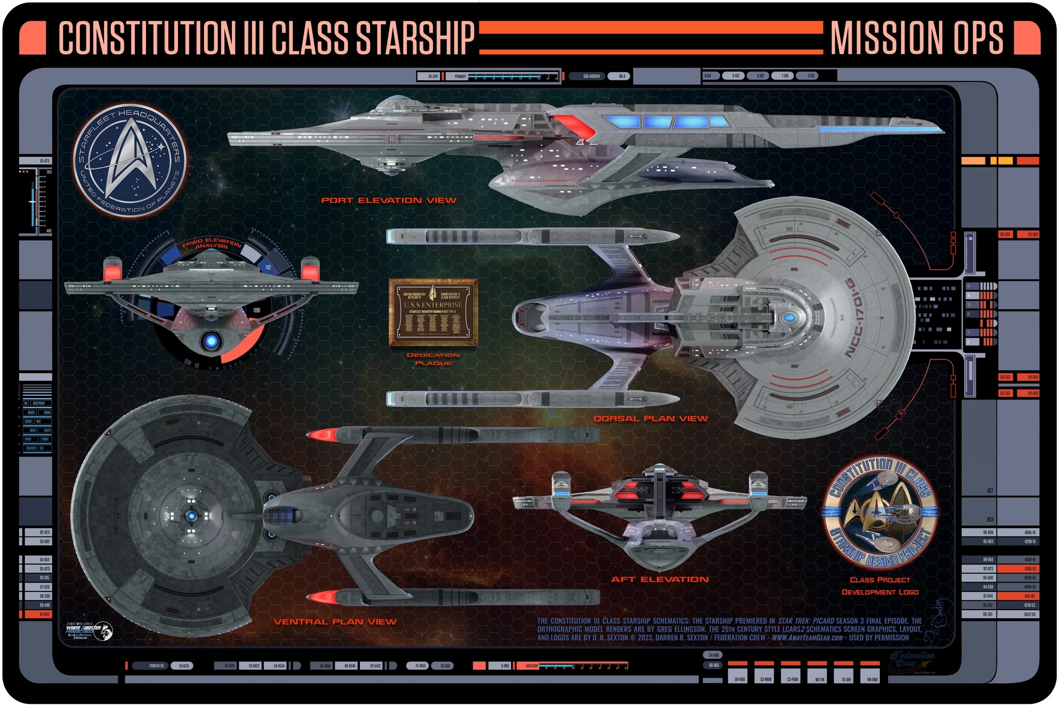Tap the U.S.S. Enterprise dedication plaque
(433, 312)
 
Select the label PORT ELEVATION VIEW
(389, 200)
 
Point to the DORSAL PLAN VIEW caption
(651, 419)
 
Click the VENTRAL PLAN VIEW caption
(335, 622)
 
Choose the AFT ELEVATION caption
(660, 579)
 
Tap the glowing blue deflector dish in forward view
(211, 341)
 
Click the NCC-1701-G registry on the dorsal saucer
(860, 318)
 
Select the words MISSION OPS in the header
(917, 38)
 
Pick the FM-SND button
(872, 679)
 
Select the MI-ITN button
(820, 679)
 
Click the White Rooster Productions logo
(89, 631)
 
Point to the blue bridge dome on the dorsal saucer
(789, 318)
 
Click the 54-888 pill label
(714, 655)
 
